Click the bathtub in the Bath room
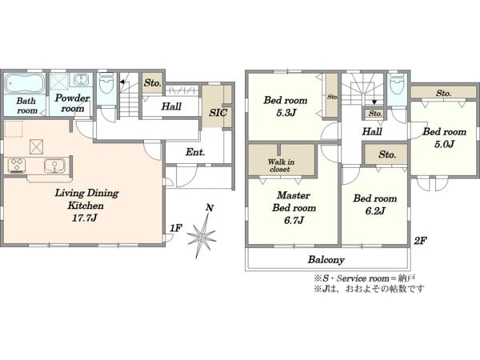25,83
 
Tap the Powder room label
72,103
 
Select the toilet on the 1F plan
106,82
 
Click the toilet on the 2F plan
397,83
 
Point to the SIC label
218,113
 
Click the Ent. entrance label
195,152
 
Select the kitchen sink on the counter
54,166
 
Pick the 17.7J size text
85,218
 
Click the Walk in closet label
281,166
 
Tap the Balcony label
326,259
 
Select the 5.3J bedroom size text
286,113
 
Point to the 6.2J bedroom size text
374,210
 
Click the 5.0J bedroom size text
444,144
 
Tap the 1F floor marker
176,228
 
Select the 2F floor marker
420,241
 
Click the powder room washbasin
81,80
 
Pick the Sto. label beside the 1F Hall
153,82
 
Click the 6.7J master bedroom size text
294,220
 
